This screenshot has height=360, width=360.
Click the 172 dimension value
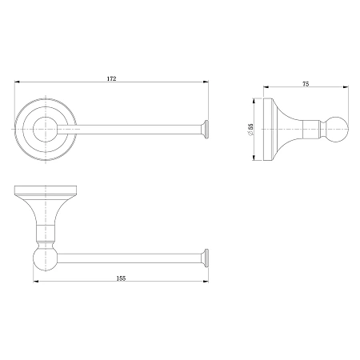tap(112, 78)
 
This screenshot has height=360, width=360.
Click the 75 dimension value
tap(306, 84)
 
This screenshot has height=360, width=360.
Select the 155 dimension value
tap(121, 278)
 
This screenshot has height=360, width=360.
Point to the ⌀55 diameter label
tap(250, 130)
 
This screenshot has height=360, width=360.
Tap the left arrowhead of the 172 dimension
tap(18, 82)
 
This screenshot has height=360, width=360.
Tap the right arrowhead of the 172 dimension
tap(206, 82)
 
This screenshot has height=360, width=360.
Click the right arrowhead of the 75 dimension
tap(346, 86)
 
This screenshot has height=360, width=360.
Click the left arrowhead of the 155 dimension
tap(36, 281)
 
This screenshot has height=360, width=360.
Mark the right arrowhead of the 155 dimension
tap(206, 281)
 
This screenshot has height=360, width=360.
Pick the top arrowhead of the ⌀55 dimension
tap(254, 101)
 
